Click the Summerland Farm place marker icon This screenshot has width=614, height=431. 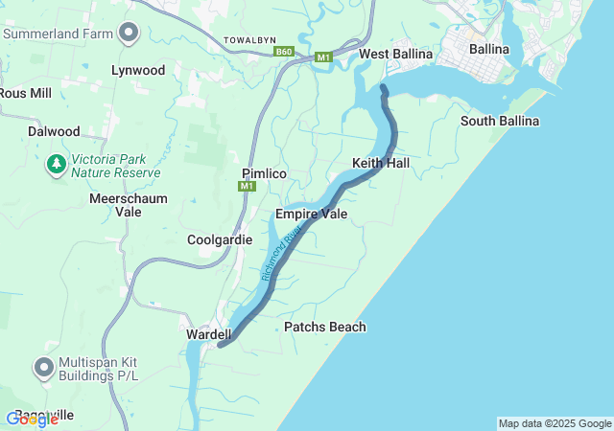(128, 34)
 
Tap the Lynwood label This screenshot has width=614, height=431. (138, 71)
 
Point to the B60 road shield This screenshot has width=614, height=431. (283, 53)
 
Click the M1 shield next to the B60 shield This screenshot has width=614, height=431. (323, 57)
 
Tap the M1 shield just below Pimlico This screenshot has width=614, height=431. (248, 186)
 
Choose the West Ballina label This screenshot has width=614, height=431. (392, 54)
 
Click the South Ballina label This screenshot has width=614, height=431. (499, 121)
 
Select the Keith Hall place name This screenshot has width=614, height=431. (381, 164)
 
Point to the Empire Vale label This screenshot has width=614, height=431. (311, 214)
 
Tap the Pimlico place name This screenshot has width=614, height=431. (265, 172)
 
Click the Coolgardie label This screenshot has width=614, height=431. (220, 239)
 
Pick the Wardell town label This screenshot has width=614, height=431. (209, 334)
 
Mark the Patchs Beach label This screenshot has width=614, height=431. (325, 327)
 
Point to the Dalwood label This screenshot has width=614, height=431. (54, 130)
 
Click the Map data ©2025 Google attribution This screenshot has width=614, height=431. (555, 423)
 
